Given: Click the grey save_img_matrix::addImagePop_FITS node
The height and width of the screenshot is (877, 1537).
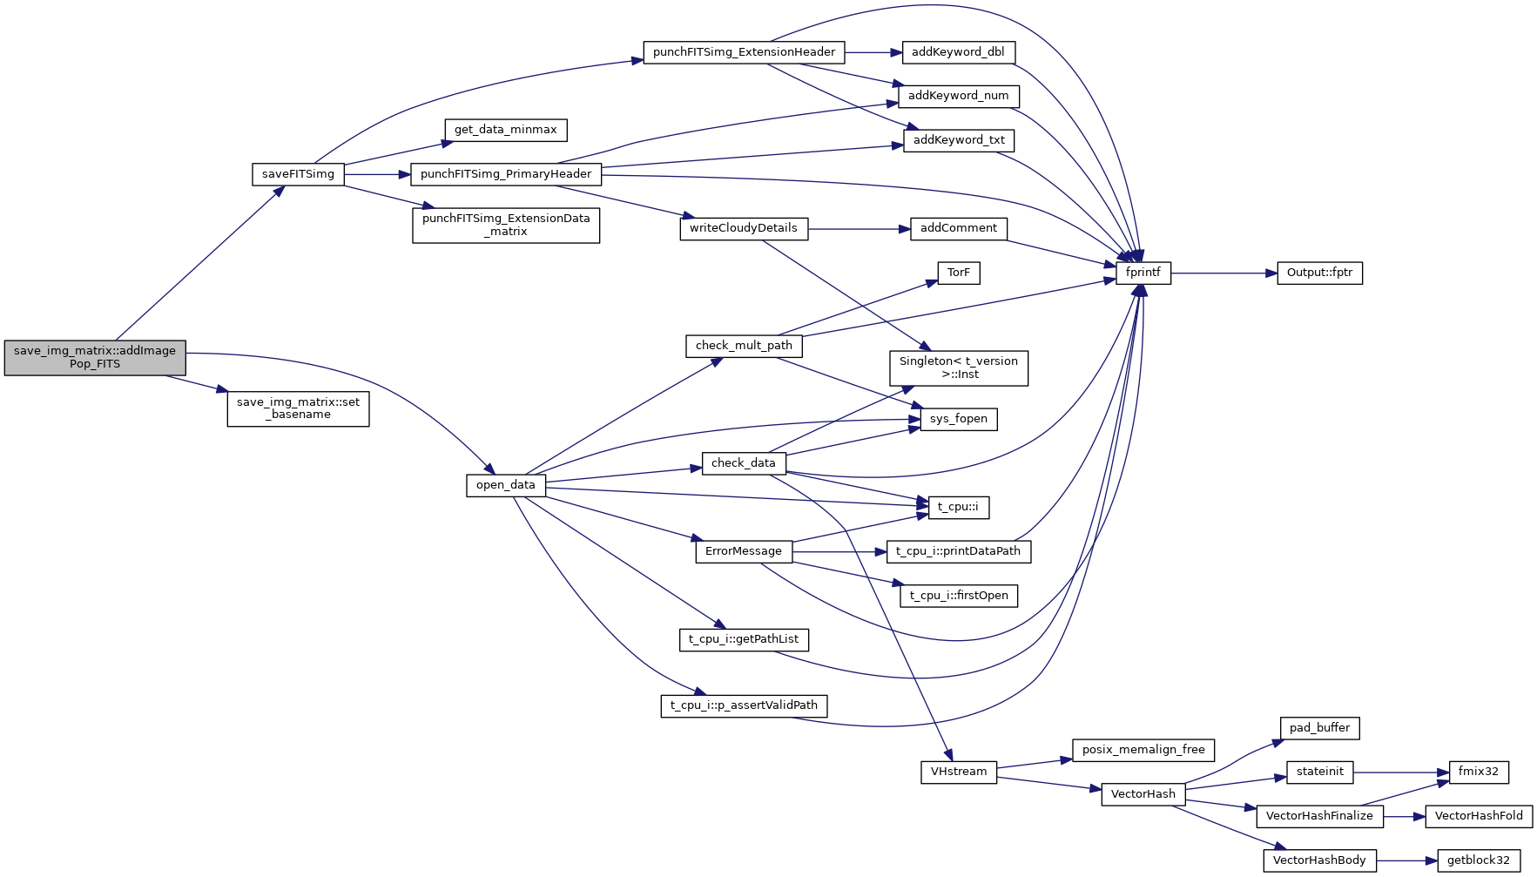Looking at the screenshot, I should click(x=95, y=358).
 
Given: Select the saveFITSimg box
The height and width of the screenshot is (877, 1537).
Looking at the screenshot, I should click(x=298, y=174).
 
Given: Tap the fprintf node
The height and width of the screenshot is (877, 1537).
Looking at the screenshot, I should click(x=1143, y=273).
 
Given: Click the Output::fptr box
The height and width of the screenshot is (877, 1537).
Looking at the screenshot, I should click(x=1319, y=273).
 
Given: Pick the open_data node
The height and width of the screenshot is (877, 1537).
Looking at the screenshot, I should click(x=505, y=485).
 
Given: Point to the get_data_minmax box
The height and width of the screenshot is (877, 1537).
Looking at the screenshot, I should click(x=505, y=130).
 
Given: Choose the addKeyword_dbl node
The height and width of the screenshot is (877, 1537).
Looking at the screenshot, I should click(x=958, y=52).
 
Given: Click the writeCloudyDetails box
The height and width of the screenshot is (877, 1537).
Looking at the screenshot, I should click(x=743, y=228).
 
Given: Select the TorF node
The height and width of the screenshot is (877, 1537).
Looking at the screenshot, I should click(x=958, y=273).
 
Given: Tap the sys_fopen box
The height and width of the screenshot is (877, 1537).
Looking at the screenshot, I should click(x=958, y=419).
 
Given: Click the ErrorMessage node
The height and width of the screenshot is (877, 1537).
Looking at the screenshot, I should click(x=743, y=551).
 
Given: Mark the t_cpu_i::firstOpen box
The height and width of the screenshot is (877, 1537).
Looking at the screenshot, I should click(x=958, y=596).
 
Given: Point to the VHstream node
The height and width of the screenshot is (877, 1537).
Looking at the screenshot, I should click(x=958, y=772).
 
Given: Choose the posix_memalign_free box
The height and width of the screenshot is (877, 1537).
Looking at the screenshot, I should click(x=1143, y=750).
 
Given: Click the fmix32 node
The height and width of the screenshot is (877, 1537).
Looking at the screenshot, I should click(x=1478, y=772).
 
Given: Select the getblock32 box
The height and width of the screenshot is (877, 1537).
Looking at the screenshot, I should click(x=1478, y=860).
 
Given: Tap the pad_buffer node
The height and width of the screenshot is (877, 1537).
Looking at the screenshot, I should click(x=1319, y=728).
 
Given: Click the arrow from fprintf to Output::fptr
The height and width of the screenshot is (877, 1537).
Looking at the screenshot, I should click(x=1224, y=273).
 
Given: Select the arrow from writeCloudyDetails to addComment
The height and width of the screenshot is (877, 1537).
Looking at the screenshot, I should click(x=858, y=229).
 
